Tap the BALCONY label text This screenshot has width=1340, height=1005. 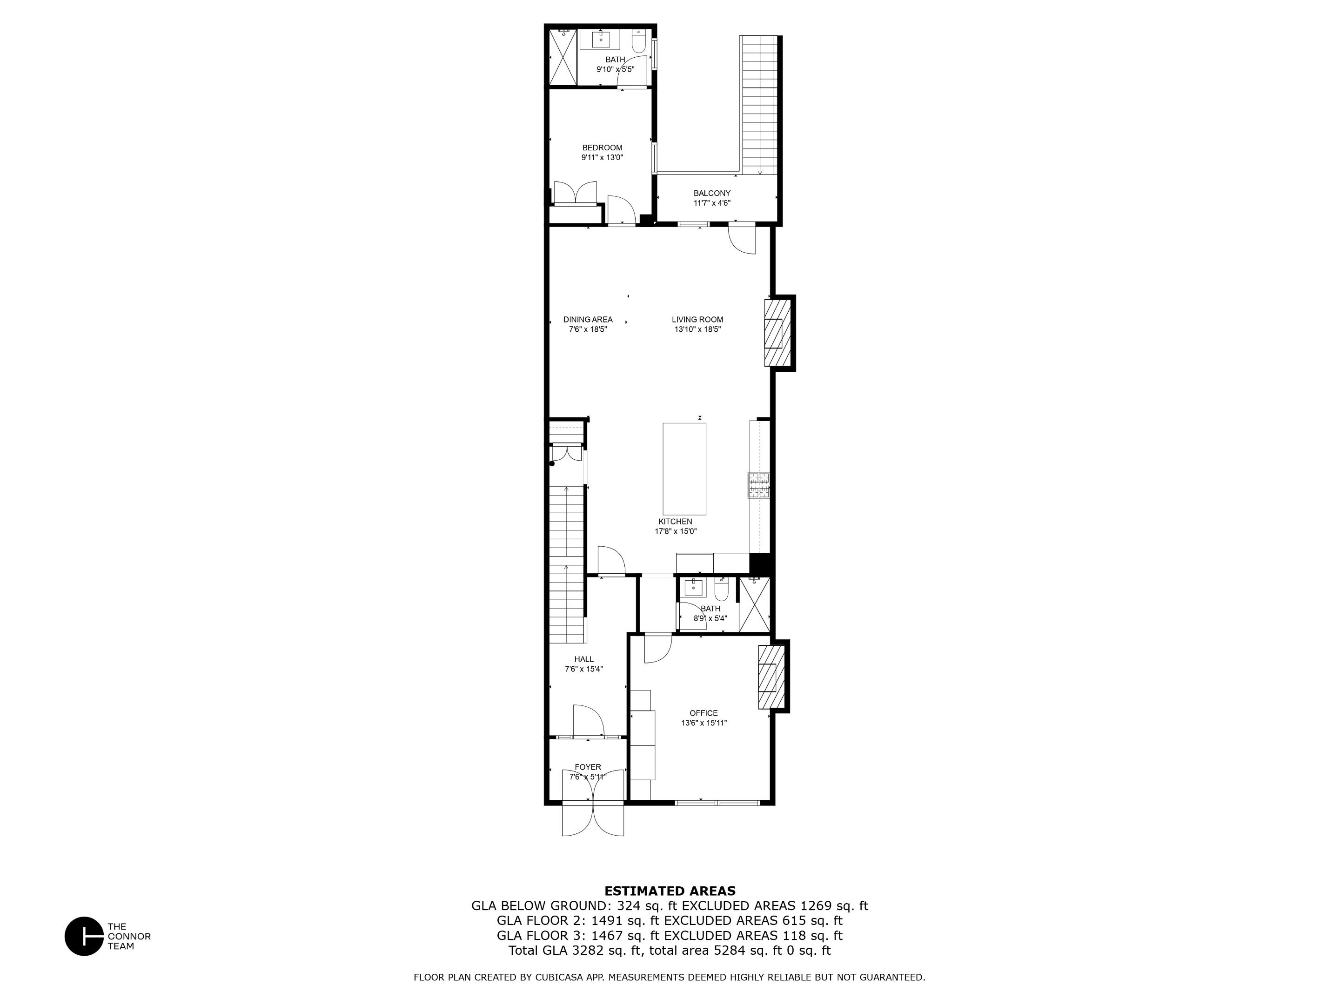point(712,193)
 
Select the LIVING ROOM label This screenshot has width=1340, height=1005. point(697,319)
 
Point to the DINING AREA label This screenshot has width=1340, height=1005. point(588,319)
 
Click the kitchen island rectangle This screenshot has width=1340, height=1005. point(684,469)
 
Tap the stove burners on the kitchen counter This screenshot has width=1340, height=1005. point(758,485)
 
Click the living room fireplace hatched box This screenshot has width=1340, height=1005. point(778,333)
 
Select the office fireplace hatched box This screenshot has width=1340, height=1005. point(770,677)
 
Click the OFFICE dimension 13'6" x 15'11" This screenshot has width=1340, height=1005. point(703,723)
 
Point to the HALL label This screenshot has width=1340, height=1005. point(584,659)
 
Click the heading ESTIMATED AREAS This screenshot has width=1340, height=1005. point(670,891)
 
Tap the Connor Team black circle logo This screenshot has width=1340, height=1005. point(84,936)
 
